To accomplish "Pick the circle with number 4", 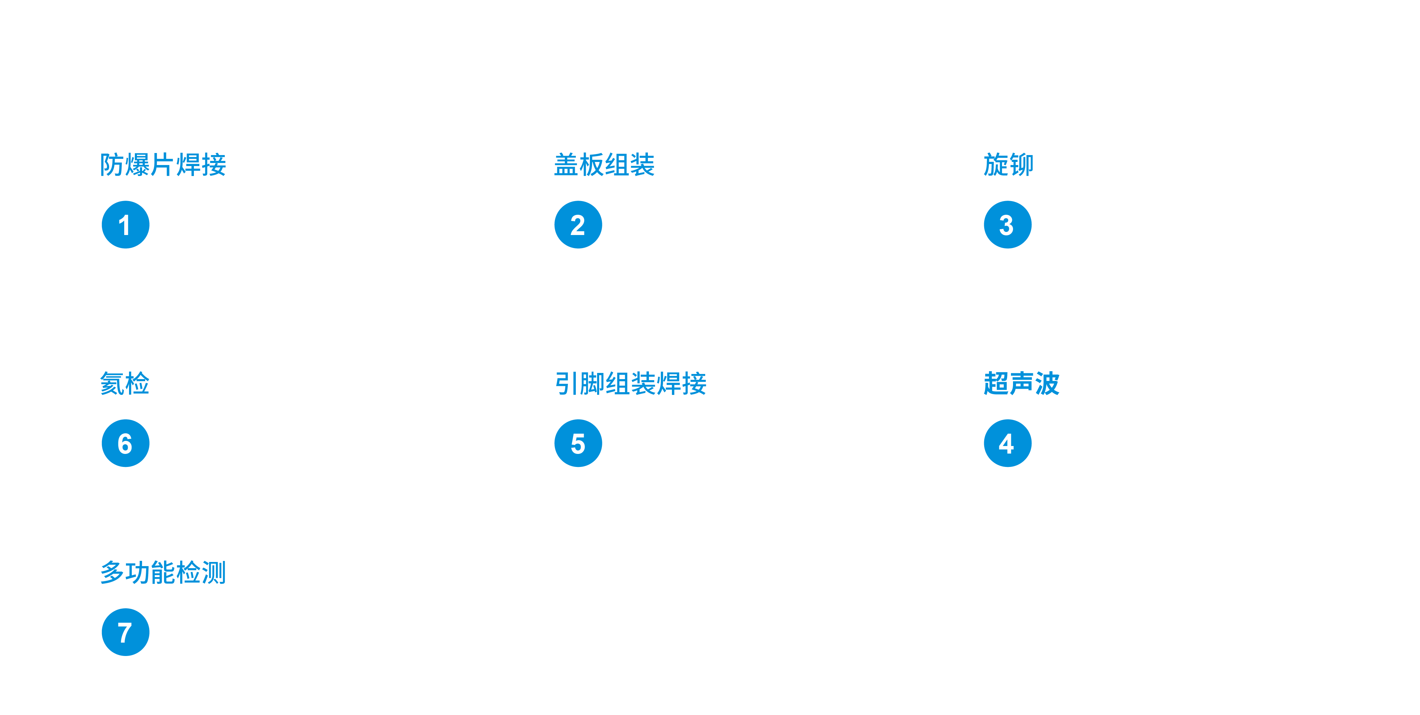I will tap(1007, 443).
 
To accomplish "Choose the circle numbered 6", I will tap(126, 443).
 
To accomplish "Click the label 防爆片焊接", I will tap(163, 165).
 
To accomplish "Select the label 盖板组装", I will tap(604, 165).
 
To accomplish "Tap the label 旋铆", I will tap(1008, 165).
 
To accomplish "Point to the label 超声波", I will tap(1022, 384).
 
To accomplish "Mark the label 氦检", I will tap(125, 384).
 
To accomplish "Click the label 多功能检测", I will tap(163, 572).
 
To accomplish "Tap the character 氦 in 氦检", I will tap(112, 384).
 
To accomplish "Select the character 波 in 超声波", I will tap(1047, 384).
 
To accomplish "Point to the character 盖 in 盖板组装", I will tap(566, 165).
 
